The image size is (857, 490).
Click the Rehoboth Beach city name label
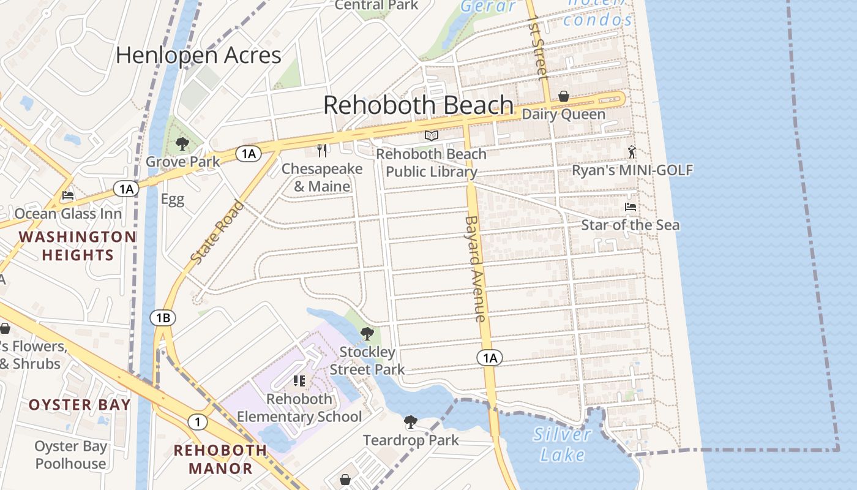point(418,105)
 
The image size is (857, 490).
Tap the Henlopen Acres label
point(198,56)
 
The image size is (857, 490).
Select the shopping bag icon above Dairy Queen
point(563,96)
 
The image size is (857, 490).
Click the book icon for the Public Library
point(432,135)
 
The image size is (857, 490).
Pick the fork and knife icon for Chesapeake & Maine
point(323,150)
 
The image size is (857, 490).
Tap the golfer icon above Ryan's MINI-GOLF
point(632,152)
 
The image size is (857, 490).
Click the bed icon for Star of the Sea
point(630,207)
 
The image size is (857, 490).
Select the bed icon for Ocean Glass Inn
point(68,195)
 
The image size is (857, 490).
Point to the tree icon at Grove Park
point(182,144)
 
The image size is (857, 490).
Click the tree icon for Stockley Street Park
point(367,334)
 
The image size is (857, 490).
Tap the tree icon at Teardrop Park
point(411,422)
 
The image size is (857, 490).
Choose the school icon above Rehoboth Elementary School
point(299,381)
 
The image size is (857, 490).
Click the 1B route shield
point(163,317)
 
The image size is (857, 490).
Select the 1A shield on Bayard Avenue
point(490,358)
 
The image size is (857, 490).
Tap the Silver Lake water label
point(562,445)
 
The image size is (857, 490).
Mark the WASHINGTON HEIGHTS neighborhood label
point(77,246)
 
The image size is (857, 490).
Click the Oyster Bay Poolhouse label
point(70,455)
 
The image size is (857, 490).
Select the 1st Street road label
point(537,48)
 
